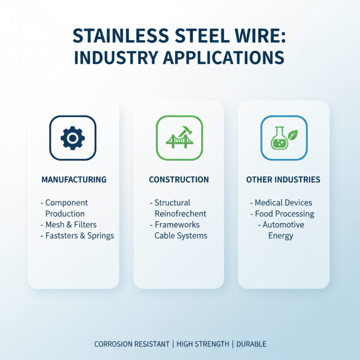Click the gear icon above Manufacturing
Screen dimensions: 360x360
(72, 138)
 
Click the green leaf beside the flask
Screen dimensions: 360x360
(293, 134)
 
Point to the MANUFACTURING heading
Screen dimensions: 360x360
(74, 180)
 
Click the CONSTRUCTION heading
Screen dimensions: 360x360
(179, 180)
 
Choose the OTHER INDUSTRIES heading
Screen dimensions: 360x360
(283, 180)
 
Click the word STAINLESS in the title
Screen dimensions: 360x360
(118, 36)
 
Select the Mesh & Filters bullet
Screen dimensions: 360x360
(71, 225)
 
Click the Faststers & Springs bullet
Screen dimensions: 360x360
(79, 235)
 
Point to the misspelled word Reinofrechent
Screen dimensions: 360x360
(180, 214)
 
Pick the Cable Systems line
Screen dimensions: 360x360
(181, 235)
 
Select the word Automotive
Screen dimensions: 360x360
(283, 225)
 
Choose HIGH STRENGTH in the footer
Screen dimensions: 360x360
(202, 344)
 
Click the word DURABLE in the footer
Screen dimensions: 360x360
(251, 344)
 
